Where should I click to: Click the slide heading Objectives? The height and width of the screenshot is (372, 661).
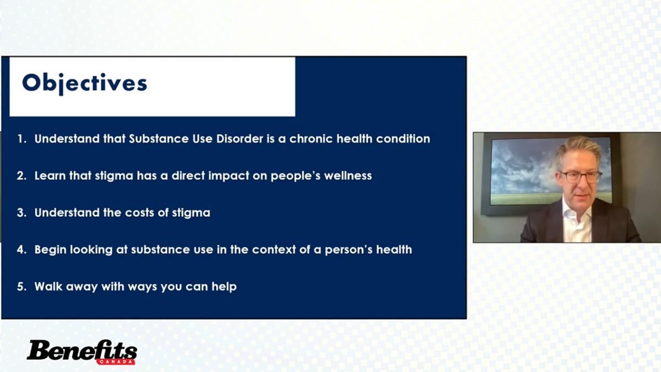pos(84,84)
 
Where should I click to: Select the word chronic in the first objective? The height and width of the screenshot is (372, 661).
pos(311,139)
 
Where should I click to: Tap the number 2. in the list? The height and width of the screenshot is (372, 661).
pos(21,176)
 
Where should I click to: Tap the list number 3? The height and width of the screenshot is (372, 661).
pos(21,213)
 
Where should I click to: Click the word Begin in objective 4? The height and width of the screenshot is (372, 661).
pos(50,250)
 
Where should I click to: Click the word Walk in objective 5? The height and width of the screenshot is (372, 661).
pos(48,287)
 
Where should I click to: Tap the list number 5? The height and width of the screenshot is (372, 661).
pos(21,287)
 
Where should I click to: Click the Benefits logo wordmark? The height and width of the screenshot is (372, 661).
pos(82,350)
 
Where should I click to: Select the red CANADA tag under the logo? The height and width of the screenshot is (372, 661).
pos(116,362)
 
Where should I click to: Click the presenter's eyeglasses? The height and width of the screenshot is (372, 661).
pos(581,177)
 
